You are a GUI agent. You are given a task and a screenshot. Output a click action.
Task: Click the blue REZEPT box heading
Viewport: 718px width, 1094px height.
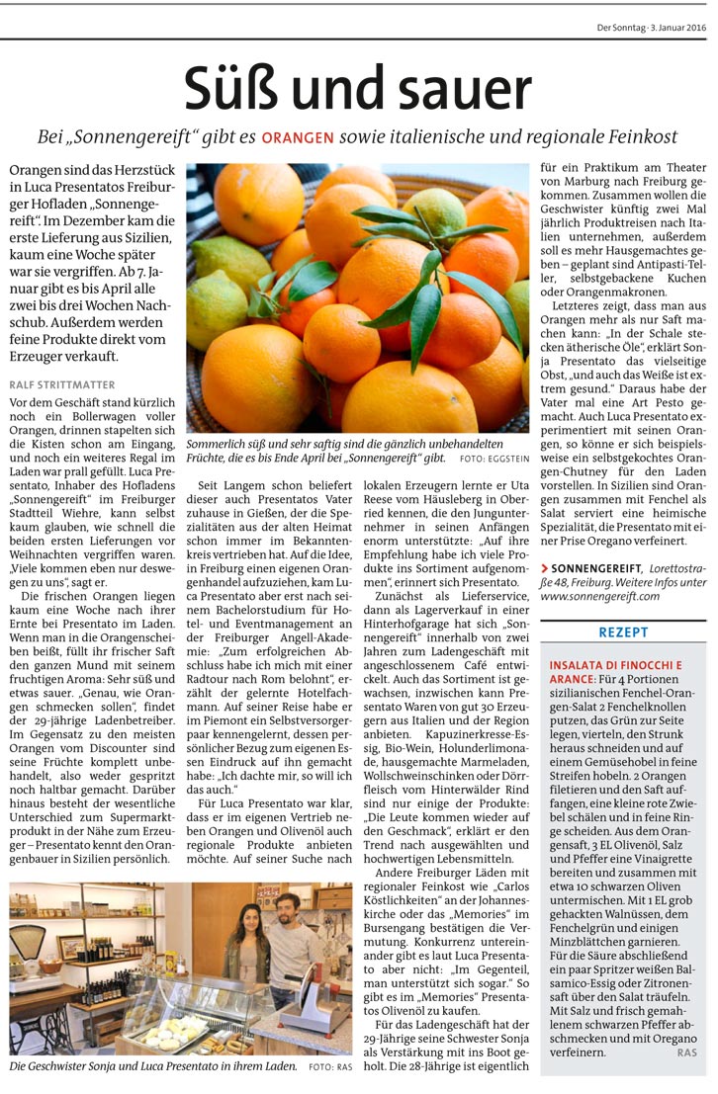[623, 631]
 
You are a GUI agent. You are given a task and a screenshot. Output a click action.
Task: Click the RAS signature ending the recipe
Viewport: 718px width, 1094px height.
[688, 1053]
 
